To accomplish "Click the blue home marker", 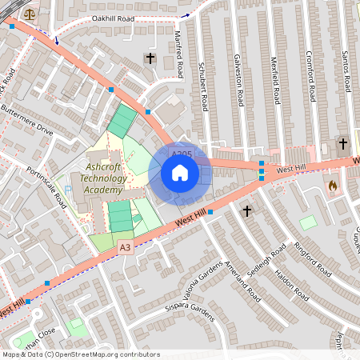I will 180,173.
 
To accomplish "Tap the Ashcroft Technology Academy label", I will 103,178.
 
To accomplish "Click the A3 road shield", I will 124,248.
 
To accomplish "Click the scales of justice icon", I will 30,14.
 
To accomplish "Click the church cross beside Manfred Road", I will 150,58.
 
